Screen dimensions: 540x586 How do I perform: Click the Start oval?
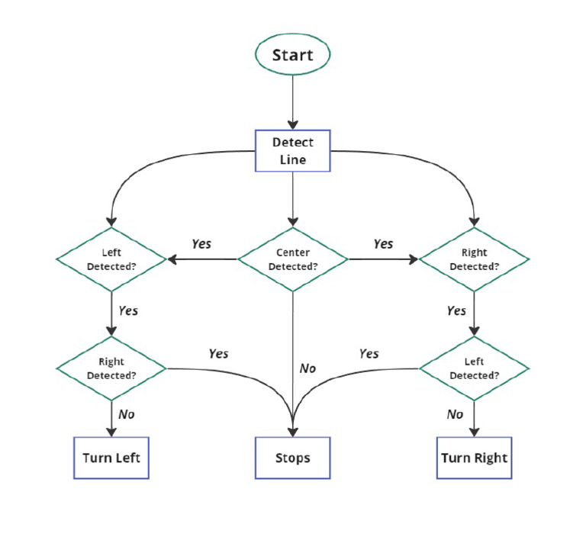pyautogui.click(x=292, y=56)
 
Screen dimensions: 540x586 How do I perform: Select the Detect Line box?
pyautogui.click(x=292, y=150)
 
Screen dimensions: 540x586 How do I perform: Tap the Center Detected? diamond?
pyautogui.click(x=293, y=259)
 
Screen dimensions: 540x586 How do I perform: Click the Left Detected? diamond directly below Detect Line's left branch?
pyautogui.click(x=111, y=260)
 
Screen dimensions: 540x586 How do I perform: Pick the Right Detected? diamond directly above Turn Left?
pyautogui.click(x=111, y=368)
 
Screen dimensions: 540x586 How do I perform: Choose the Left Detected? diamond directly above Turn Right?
pyautogui.click(x=474, y=368)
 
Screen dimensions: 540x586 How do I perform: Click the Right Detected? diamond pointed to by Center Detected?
pyautogui.click(x=474, y=260)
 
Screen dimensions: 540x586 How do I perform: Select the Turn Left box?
pyautogui.click(x=111, y=458)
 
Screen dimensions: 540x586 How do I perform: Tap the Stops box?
pyautogui.click(x=292, y=458)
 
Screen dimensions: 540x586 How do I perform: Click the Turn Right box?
pyautogui.click(x=474, y=458)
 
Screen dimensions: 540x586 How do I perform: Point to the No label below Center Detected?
pyautogui.click(x=307, y=368)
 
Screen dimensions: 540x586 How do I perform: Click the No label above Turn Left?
pyautogui.click(x=127, y=414)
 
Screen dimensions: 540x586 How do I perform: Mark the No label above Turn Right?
pyautogui.click(x=455, y=414)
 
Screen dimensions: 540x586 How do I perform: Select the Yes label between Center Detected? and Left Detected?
pyautogui.click(x=201, y=244)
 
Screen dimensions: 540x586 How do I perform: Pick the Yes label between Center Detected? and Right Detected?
pyautogui.click(x=383, y=244)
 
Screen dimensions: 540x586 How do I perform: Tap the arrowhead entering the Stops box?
pyautogui.click(x=292, y=431)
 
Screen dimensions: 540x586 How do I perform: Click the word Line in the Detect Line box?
pyautogui.click(x=292, y=159)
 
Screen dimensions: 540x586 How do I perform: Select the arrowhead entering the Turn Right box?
pyautogui.click(x=474, y=431)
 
